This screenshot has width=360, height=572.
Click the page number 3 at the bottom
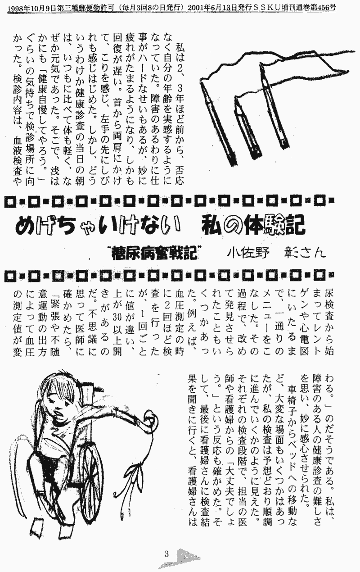[x=166, y=554]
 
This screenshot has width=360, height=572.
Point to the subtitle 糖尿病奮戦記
[x=155, y=253]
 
